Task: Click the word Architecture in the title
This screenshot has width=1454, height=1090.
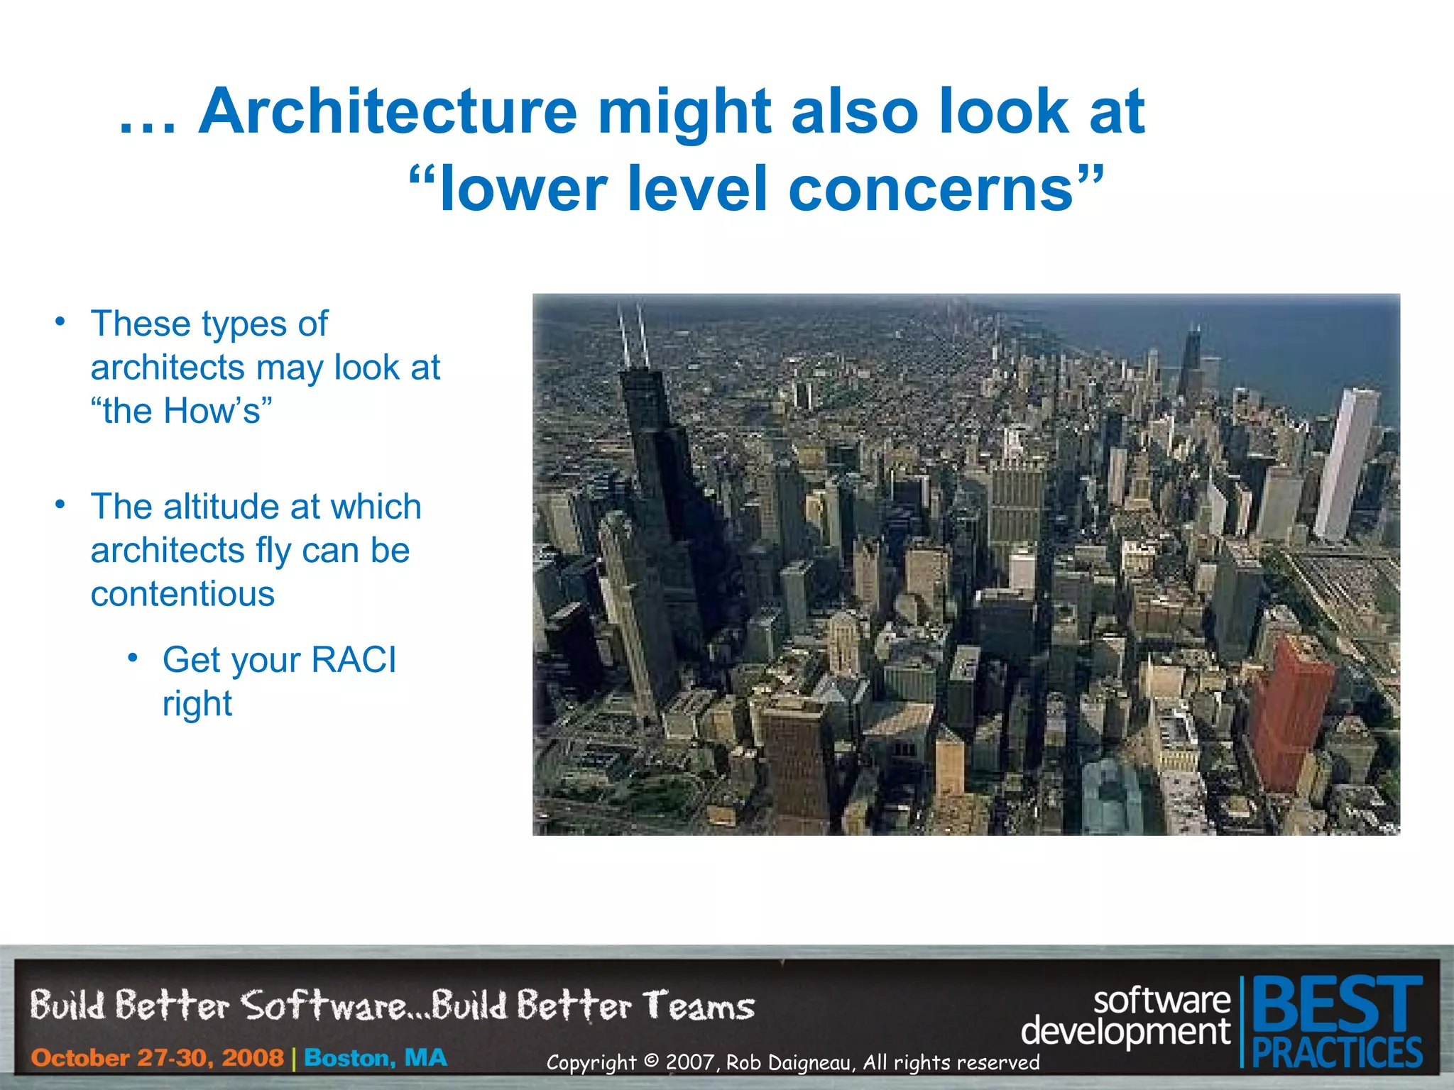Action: pos(388,111)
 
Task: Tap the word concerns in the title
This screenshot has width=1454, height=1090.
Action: pos(931,189)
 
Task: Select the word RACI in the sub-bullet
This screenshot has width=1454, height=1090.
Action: pos(354,660)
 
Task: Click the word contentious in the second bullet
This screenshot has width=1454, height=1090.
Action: pos(182,594)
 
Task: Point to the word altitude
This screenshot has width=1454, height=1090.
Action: pos(222,507)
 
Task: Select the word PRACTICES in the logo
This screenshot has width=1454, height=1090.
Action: pos(1337,1052)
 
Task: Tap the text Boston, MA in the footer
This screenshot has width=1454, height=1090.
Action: pos(376,1058)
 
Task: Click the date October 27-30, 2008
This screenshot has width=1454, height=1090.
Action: pos(157,1058)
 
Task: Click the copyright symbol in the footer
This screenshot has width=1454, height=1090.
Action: pos(651,1062)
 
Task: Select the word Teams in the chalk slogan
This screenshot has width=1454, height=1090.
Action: pos(699,1007)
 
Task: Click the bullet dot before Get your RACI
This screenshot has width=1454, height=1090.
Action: pos(133,659)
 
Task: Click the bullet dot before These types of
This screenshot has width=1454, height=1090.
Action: pos(61,321)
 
